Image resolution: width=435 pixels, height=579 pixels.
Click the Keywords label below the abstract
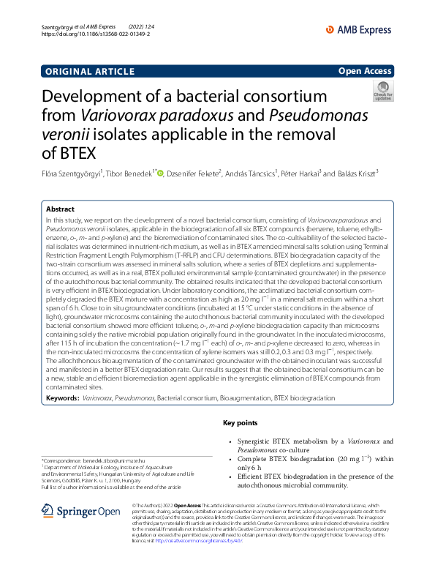point(62,398)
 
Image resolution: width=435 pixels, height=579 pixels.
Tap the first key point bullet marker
point(230,441)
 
